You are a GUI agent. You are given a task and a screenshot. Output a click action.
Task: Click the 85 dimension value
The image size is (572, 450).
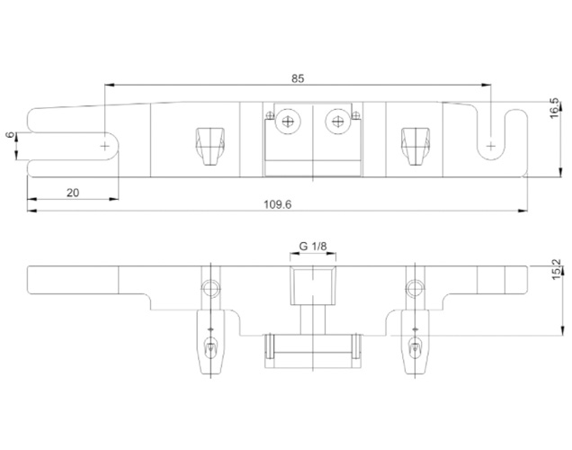click(298, 78)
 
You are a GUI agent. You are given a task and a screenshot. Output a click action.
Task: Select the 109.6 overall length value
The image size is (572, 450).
click(278, 204)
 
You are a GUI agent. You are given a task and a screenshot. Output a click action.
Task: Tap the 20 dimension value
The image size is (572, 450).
click(73, 193)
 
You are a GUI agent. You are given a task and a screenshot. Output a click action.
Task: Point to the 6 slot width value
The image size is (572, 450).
click(11, 135)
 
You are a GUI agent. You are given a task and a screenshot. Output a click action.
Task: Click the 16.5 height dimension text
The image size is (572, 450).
click(554, 108)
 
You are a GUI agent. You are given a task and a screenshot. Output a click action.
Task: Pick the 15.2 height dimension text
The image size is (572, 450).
click(557, 270)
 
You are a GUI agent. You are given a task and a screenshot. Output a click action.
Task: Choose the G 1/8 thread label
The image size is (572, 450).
click(313, 247)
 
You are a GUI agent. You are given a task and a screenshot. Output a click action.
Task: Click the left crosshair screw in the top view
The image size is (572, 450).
click(288, 121)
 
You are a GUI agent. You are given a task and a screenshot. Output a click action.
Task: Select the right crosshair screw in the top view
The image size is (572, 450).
click(338, 121)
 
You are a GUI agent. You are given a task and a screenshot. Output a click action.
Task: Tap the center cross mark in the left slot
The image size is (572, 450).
click(105, 147)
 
